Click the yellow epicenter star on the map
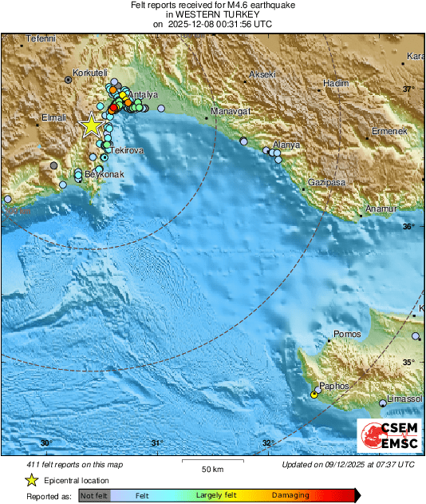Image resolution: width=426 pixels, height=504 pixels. pyautogui.click(x=92, y=125)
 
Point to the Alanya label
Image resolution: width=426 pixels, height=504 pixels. pyautogui.click(x=287, y=145)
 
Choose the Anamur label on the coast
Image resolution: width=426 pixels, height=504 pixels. pyautogui.click(x=381, y=208)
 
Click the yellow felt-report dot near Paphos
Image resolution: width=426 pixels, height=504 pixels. pyautogui.click(x=314, y=395)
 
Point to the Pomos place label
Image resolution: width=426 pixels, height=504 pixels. pyautogui.click(x=347, y=334)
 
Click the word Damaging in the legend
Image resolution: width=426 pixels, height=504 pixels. pyautogui.click(x=290, y=495)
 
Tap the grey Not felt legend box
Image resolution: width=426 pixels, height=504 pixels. pyautogui.click(x=95, y=495)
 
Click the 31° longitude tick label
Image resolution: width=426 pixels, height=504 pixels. pyautogui.click(x=156, y=443)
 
